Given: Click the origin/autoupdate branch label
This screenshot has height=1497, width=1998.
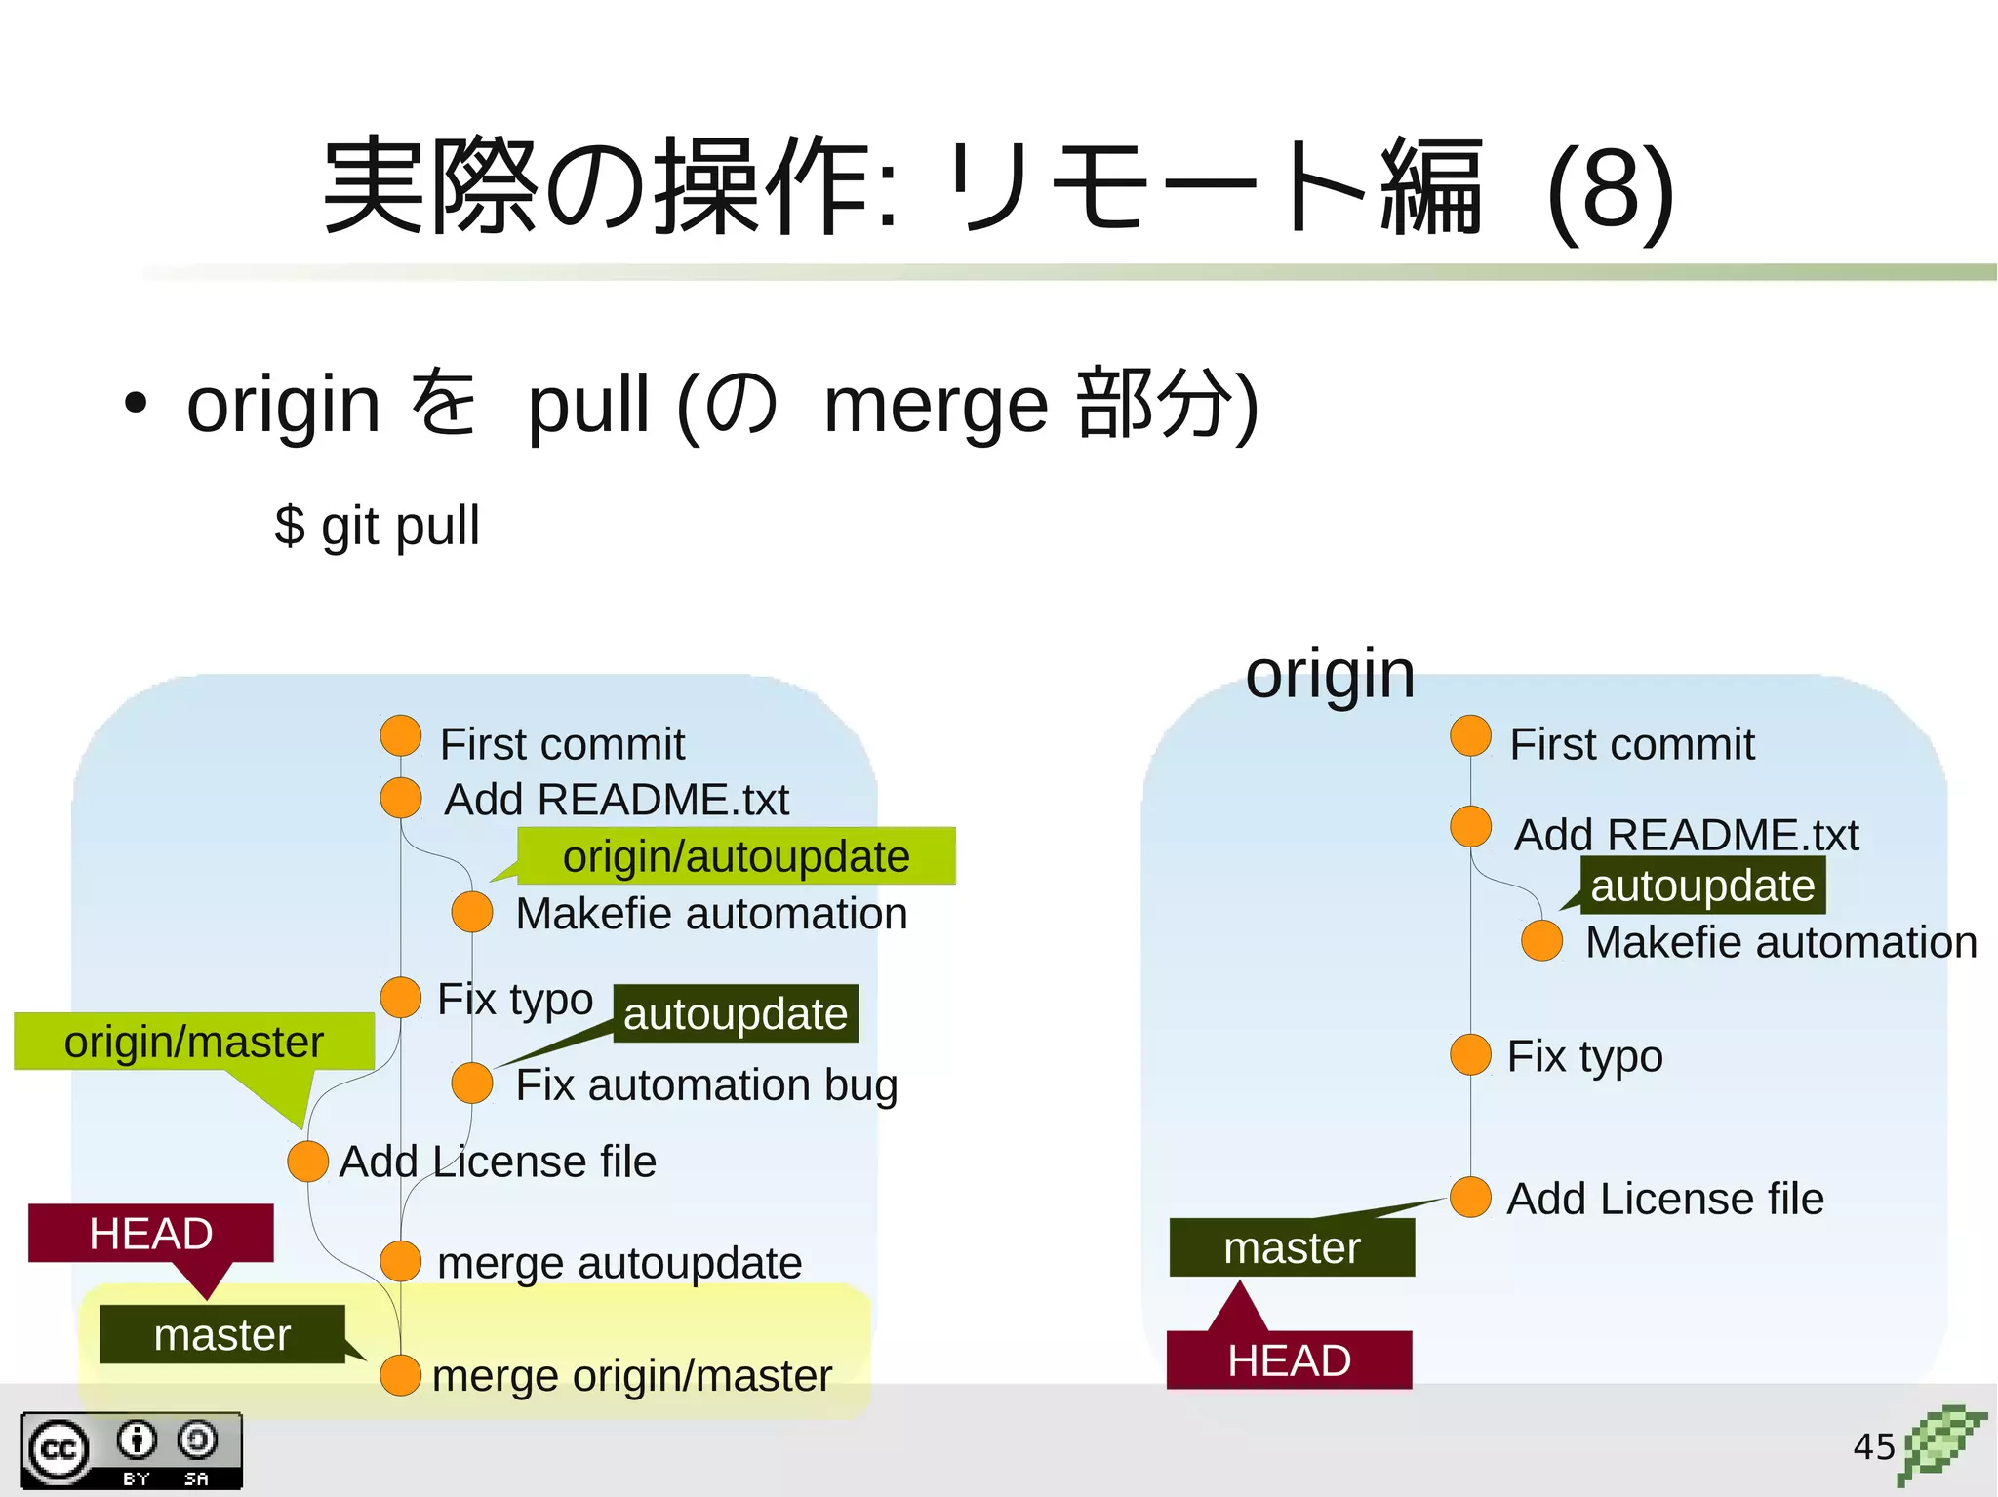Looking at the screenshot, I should pyautogui.click(x=736, y=856).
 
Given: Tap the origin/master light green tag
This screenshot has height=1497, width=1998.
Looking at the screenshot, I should pyautogui.click(x=194, y=1042).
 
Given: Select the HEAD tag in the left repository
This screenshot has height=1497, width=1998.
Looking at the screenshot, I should pyautogui.click(x=151, y=1234).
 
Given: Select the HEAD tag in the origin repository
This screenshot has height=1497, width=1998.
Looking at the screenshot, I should pyautogui.click(x=1289, y=1359).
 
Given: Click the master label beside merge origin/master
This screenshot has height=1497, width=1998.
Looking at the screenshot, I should pyautogui.click(x=222, y=1334).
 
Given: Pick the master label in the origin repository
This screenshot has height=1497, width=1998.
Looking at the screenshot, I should pyautogui.click(x=1292, y=1247).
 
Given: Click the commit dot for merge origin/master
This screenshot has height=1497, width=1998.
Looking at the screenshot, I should pyautogui.click(x=400, y=1375).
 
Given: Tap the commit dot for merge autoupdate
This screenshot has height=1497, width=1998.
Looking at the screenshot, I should pyautogui.click(x=400, y=1261).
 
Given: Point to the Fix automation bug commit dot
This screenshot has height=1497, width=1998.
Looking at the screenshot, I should pyautogui.click(x=472, y=1083).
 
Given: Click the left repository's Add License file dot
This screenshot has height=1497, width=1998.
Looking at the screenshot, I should pyautogui.click(x=308, y=1162).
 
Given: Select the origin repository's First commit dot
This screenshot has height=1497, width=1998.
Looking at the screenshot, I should pyautogui.click(x=1470, y=736).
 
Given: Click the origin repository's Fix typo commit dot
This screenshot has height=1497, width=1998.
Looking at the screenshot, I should pyautogui.click(x=1470, y=1055).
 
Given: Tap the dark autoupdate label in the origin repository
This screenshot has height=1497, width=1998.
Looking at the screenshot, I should pyautogui.click(x=1702, y=886).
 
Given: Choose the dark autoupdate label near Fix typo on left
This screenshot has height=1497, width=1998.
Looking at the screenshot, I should pyautogui.click(x=736, y=1013).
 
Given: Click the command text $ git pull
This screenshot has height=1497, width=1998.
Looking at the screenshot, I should pyautogui.click(x=377, y=526).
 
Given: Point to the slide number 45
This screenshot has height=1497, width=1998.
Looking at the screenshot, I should pyautogui.click(x=1873, y=1446).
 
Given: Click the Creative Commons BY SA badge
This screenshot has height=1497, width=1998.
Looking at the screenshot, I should pyautogui.click(x=132, y=1450).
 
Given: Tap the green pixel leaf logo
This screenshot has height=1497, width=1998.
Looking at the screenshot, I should pyautogui.click(x=1942, y=1443).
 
